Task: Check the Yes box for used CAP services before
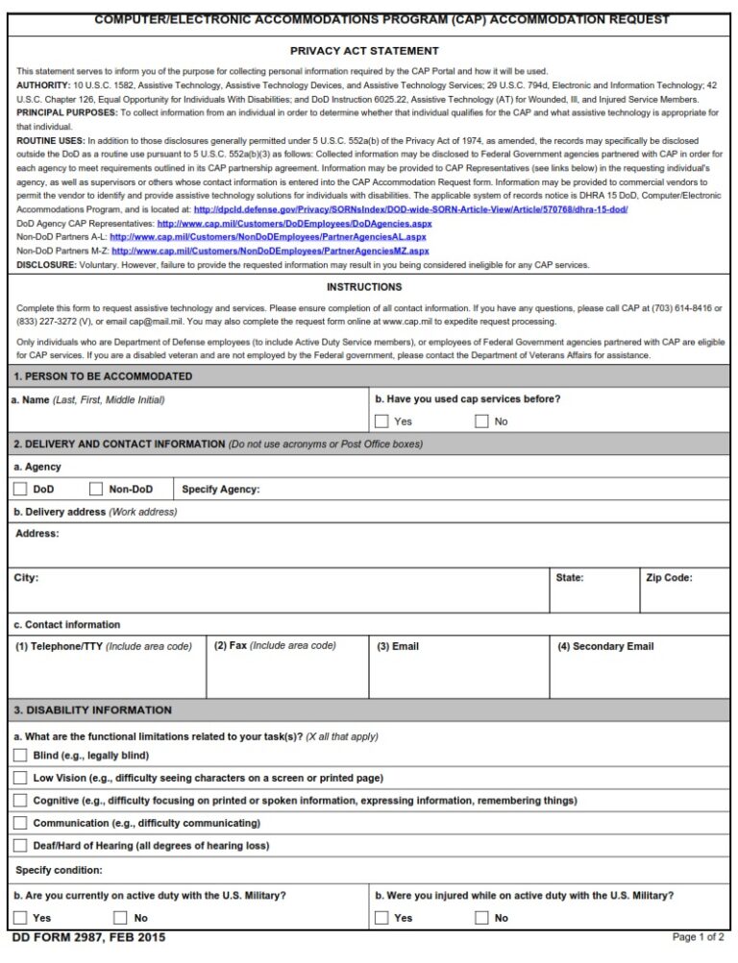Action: (x=381, y=421)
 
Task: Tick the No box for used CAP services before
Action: (x=481, y=421)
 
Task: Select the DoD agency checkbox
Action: (x=20, y=489)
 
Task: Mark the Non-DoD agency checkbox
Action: (x=96, y=489)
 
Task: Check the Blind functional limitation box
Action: (x=20, y=756)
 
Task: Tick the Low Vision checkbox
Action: (x=20, y=778)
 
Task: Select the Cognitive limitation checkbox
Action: (x=20, y=800)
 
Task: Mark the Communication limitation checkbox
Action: (x=20, y=823)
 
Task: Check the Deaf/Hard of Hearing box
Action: (x=20, y=845)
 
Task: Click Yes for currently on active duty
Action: (x=20, y=918)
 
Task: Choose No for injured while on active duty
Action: (x=481, y=918)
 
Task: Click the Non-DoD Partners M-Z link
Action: (x=270, y=251)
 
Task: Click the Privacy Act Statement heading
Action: (x=364, y=51)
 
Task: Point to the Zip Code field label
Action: (x=669, y=578)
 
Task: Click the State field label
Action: (x=570, y=578)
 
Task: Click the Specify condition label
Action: (x=59, y=870)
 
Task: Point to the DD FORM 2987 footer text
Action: (x=83, y=937)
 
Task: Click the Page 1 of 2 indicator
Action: (x=699, y=937)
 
